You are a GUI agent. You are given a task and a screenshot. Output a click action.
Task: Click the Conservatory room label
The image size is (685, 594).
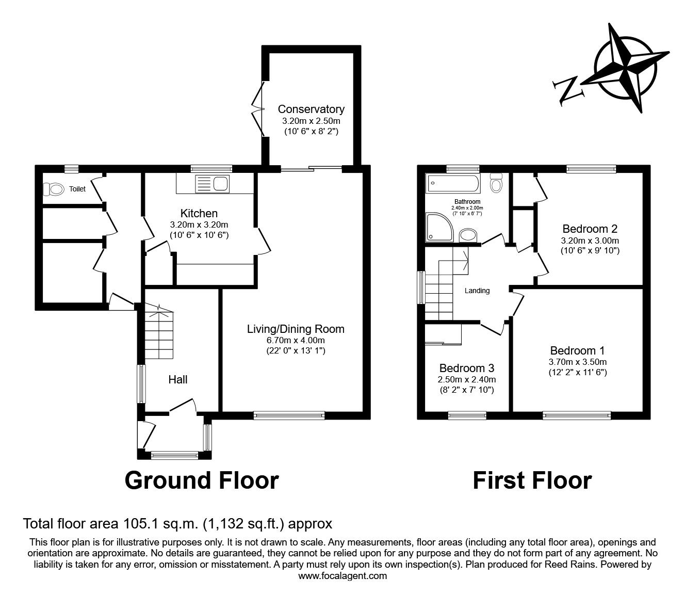[x=311, y=109]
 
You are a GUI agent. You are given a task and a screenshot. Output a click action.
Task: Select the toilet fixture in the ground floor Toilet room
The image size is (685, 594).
[x=53, y=189]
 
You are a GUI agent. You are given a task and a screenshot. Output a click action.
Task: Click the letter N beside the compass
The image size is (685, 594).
[x=567, y=90]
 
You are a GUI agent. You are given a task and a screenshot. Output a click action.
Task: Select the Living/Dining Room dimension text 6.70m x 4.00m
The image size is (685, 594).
[x=296, y=340]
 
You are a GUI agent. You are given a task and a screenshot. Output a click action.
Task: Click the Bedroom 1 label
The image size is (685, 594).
[x=577, y=350]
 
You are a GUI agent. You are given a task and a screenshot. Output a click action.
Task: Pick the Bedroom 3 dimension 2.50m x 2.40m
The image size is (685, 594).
[x=467, y=379]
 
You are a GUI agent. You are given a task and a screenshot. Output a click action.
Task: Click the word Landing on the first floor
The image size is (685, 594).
[x=477, y=291]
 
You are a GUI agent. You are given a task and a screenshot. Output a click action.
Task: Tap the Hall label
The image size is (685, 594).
[x=178, y=379]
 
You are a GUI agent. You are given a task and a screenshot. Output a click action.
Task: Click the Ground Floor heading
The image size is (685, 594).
[x=202, y=480]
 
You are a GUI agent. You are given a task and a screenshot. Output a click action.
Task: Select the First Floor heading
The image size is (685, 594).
[x=532, y=480]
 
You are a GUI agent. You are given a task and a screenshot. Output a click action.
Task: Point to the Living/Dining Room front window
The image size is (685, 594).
[x=289, y=414]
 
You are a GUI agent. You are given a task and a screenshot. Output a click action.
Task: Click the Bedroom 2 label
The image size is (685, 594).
[x=590, y=229]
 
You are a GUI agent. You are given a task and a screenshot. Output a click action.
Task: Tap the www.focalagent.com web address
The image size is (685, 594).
[x=342, y=575]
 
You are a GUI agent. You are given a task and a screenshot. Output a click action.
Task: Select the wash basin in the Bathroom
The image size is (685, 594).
[x=468, y=235]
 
